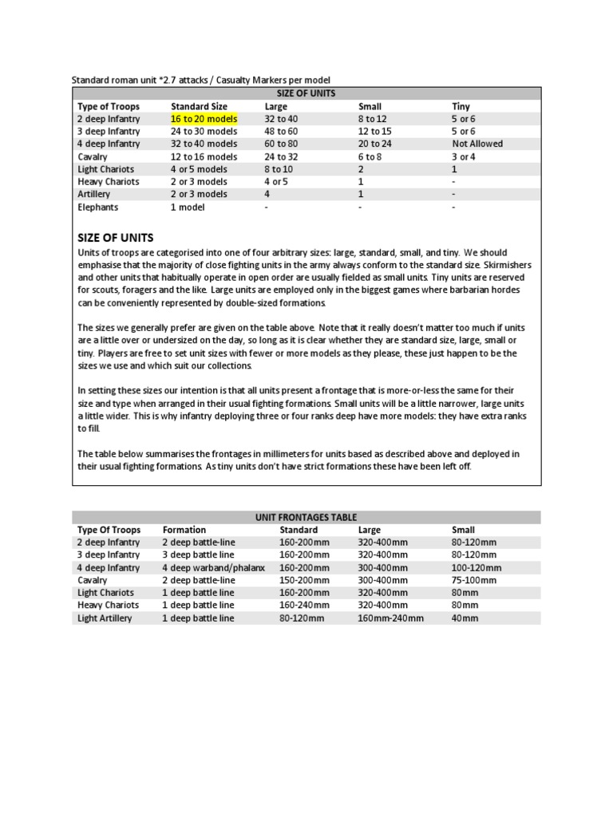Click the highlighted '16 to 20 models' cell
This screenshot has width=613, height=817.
(204, 119)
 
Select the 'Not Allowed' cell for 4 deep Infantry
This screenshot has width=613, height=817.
(477, 144)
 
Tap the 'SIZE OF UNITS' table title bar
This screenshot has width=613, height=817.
(306, 93)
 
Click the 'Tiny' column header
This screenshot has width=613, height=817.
(461, 106)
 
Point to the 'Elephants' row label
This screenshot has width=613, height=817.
(97, 207)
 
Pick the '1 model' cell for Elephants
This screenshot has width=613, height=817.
(188, 207)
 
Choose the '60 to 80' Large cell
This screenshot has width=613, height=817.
(281, 144)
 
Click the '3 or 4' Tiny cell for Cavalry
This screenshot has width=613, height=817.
(464, 156)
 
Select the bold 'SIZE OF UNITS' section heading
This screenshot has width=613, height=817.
(115, 238)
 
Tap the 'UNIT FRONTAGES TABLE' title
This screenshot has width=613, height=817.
(306, 517)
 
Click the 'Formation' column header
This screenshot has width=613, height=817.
(184, 530)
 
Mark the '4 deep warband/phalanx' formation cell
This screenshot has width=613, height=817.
(213, 567)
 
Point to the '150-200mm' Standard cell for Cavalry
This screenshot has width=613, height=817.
(304, 580)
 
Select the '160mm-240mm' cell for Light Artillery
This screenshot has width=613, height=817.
(390, 618)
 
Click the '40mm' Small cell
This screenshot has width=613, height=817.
(465, 618)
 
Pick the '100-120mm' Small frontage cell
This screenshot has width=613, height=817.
(477, 567)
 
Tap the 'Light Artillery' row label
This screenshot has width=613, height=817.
(105, 618)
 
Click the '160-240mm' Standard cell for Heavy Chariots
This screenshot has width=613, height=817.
(304, 606)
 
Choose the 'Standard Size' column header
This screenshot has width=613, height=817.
(199, 106)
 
